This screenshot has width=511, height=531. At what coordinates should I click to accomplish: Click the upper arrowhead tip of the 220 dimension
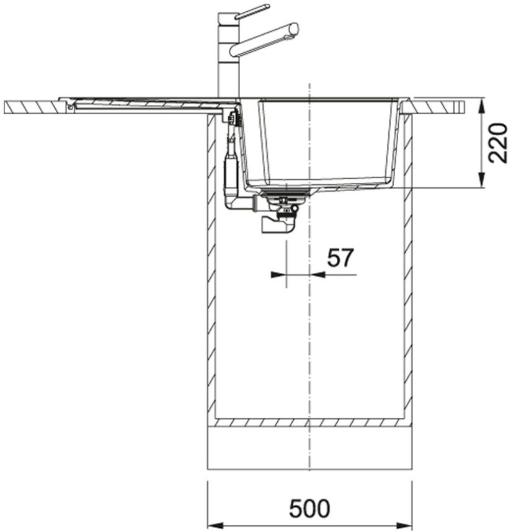(481, 99)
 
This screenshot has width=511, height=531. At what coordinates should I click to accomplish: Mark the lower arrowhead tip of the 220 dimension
(481, 187)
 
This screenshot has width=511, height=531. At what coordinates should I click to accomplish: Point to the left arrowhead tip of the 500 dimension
(208, 525)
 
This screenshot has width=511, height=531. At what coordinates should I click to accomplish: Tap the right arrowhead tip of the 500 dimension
(412, 525)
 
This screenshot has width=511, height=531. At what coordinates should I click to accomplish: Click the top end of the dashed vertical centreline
(309, 83)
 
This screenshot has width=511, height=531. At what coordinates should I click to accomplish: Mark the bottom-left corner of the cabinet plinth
(208, 470)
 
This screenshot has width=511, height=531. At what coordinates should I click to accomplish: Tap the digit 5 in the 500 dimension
(296, 507)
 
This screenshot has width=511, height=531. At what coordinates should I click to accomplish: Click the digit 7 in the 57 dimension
(347, 257)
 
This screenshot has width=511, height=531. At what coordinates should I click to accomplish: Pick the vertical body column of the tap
(228, 56)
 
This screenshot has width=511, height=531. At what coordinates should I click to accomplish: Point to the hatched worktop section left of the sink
(35, 107)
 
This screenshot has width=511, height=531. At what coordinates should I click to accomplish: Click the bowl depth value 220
(499, 143)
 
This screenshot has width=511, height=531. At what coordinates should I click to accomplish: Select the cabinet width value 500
(309, 507)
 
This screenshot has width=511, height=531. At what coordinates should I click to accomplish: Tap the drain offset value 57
(340, 257)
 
